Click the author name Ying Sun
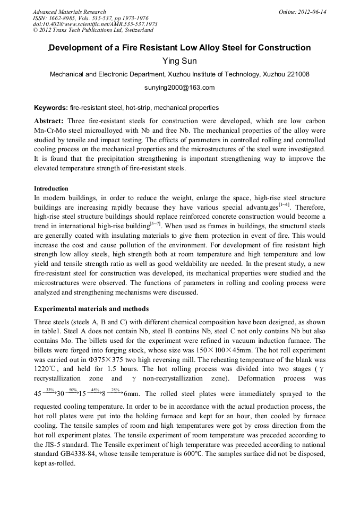click(x=179, y=61)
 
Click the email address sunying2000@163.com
click(x=179, y=88)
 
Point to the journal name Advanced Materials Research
click(x=69, y=12)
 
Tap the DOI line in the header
click(x=95, y=24)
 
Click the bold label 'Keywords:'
click(x=51, y=107)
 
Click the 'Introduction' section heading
click(x=51, y=188)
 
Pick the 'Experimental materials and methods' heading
click(x=91, y=309)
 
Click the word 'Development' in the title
click(x=79, y=48)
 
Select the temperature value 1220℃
click(x=45, y=369)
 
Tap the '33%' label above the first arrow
click(x=50, y=390)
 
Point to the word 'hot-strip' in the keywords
click(x=140, y=107)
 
